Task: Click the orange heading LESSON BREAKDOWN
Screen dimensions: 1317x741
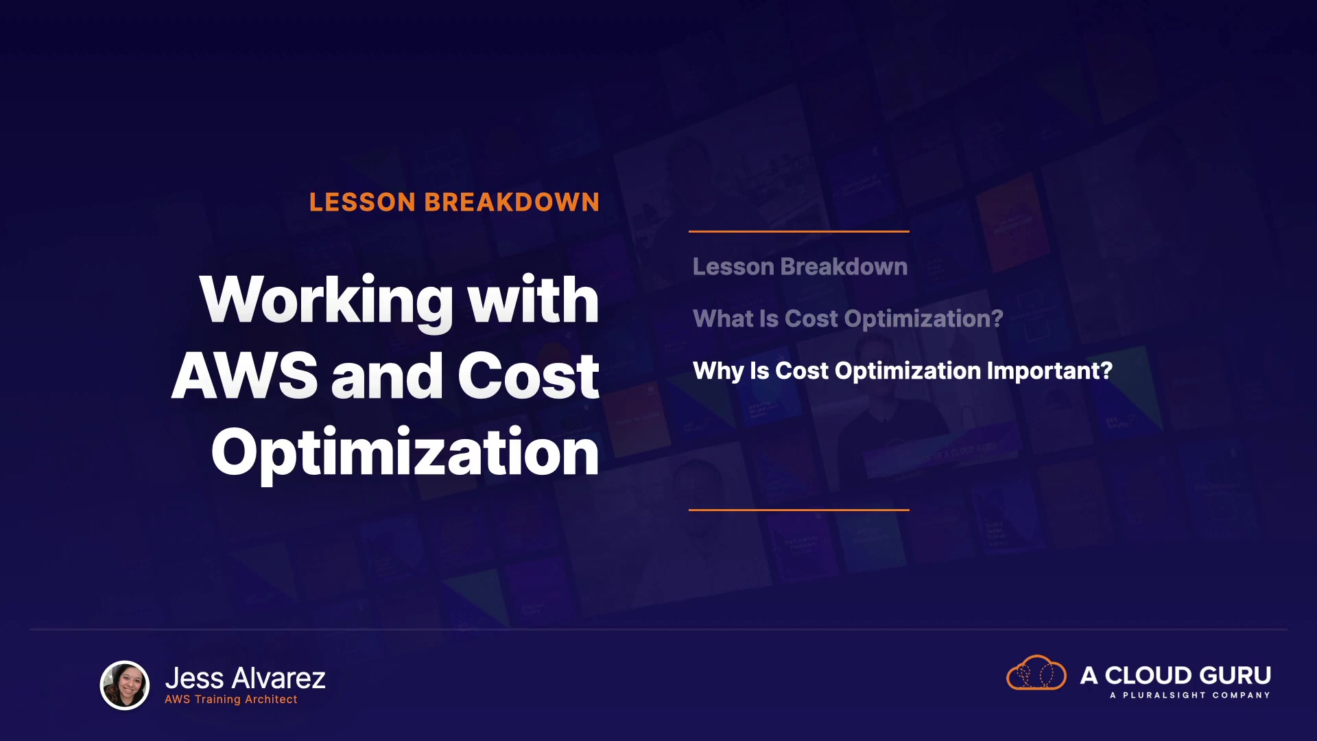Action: point(454,202)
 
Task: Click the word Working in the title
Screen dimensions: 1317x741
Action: point(327,301)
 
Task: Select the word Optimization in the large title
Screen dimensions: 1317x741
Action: point(405,453)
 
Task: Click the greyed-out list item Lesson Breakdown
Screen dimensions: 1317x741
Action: point(800,266)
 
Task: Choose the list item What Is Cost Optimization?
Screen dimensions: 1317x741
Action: point(848,318)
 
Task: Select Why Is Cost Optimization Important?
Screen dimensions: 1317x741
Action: point(903,370)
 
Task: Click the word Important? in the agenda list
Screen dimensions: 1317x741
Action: point(1049,370)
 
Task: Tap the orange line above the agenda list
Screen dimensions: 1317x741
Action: point(799,232)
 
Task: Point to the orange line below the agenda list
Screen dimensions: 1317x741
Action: point(799,510)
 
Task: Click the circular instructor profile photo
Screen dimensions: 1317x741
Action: point(125,685)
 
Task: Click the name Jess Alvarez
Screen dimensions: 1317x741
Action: point(245,678)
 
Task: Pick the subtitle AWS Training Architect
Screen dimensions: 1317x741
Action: point(231,699)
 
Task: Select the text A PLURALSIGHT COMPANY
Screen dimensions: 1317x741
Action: point(1190,695)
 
